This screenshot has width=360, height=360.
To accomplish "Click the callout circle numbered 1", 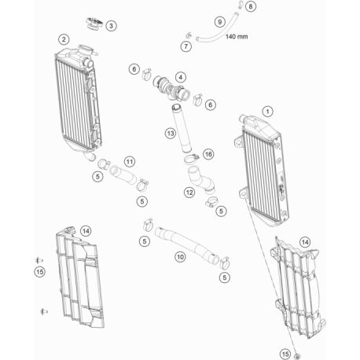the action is (267, 112).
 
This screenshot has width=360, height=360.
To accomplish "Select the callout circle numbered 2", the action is (64, 40).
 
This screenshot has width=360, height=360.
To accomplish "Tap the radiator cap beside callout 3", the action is (94, 24).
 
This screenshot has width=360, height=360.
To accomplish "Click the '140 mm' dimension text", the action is (237, 36).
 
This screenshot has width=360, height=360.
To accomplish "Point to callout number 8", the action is (251, 6).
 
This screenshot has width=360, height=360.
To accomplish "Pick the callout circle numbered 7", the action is (186, 46).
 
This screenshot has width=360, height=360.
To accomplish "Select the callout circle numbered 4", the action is (181, 77).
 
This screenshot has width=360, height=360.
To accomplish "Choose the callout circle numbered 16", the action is (208, 154).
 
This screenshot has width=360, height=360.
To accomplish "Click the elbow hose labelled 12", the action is (200, 179).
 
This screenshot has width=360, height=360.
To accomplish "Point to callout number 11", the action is (130, 162).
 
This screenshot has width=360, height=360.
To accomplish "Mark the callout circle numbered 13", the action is (171, 134).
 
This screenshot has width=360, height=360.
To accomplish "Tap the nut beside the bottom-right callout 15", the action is (297, 357).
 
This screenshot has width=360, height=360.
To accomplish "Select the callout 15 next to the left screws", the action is (40, 272).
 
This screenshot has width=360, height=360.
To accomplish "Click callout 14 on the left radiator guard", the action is (86, 231).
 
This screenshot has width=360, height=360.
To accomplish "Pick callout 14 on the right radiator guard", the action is (305, 242).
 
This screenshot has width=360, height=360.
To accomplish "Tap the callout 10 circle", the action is (180, 257).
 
